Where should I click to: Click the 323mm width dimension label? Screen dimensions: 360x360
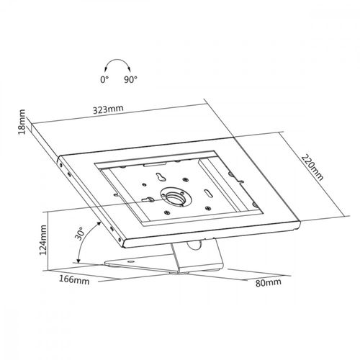108,109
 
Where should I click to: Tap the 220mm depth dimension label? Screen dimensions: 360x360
312,167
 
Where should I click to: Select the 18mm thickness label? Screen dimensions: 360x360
22,122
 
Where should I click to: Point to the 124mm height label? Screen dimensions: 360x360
42,240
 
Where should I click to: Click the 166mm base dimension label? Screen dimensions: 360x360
74,279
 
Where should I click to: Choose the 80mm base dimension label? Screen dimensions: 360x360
268,282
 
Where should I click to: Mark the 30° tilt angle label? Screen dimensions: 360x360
80,233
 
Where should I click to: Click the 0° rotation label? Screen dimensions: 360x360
104,79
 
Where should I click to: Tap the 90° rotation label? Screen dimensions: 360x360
130,79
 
